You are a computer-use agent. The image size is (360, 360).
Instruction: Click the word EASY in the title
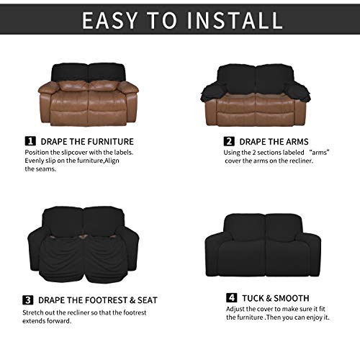(114, 21)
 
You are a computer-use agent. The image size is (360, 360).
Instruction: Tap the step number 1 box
(31, 141)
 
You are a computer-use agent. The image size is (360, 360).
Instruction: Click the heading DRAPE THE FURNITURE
(86, 141)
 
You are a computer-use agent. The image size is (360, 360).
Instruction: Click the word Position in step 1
(39, 152)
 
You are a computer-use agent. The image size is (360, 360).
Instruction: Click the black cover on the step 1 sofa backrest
(89, 71)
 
